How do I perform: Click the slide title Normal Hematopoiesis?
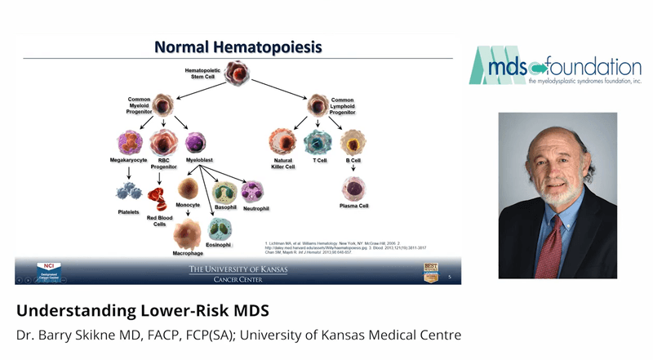pyautogui.click(x=238, y=47)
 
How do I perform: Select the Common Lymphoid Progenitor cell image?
pyautogui.click(x=318, y=104)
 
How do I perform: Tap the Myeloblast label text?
pyautogui.click(x=201, y=161)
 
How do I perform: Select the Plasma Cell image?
pyautogui.click(x=353, y=191)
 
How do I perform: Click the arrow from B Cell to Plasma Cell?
pyautogui.click(x=352, y=169)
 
